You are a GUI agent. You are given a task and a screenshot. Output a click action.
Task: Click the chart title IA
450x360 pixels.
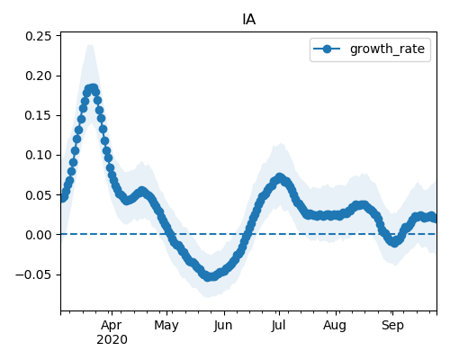(249, 20)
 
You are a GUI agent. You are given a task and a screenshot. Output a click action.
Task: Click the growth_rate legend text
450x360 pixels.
(387, 49)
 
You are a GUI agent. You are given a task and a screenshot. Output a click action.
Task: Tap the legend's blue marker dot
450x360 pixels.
(327, 49)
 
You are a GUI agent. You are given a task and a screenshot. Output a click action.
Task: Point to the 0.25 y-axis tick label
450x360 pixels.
(39, 36)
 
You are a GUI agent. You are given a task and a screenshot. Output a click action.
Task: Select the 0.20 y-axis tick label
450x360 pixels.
(39, 76)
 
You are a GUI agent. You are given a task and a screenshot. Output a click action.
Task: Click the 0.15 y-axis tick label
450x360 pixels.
(39, 115)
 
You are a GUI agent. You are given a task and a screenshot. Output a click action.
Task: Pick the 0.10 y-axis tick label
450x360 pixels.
(39, 155)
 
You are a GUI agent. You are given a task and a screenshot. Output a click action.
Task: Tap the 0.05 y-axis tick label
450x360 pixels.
(39, 195)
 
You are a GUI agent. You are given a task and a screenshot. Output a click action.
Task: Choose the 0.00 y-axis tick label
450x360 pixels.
(39, 235)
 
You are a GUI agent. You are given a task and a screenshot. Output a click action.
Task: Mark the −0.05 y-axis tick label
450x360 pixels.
(33, 274)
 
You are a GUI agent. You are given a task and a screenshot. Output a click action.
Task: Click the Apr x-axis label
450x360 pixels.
(112, 325)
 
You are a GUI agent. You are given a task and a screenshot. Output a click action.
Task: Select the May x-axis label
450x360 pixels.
(166, 325)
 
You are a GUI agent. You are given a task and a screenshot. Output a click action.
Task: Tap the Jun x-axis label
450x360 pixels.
(223, 325)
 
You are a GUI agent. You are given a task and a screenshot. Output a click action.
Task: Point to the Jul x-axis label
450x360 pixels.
(278, 325)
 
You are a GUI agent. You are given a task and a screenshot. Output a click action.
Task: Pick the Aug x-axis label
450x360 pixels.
(335, 325)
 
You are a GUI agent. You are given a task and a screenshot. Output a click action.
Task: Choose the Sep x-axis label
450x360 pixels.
(392, 325)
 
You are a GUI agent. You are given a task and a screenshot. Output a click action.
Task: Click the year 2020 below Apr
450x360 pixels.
(112, 339)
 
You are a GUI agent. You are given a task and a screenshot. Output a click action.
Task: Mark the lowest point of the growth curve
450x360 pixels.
(210, 276)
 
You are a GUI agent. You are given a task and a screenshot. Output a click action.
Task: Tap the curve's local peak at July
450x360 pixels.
(280, 177)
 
